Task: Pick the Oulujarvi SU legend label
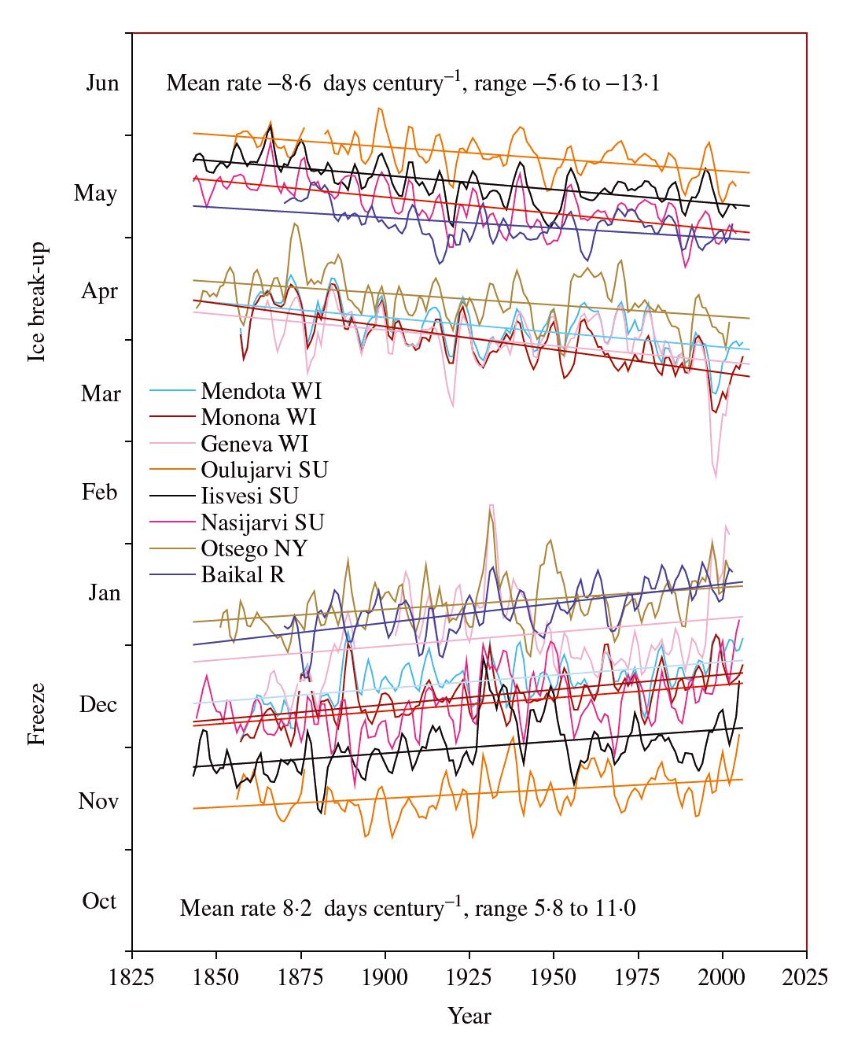pos(263,470)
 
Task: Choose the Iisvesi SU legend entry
pos(249,496)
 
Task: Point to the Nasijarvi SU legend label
pos(262,522)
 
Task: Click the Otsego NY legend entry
pos(254,548)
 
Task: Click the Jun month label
pos(102,83)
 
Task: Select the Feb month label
pos(101,493)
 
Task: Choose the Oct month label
pos(100,901)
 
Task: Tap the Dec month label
pos(99,704)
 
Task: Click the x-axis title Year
pos(469,1017)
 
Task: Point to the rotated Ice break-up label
pos(36,302)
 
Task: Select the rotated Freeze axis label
pos(36,714)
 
